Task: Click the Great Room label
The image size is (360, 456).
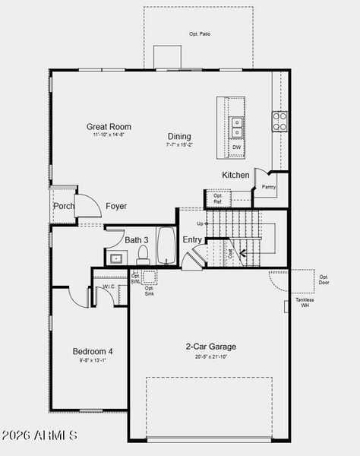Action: click(109, 127)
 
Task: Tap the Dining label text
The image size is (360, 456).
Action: click(180, 137)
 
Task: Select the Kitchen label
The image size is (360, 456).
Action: click(235, 176)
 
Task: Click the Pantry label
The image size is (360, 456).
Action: click(268, 187)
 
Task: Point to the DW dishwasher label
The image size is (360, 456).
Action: click(237, 147)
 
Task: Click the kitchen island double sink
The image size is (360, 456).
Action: click(237, 122)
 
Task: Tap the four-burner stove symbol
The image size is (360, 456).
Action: click(280, 121)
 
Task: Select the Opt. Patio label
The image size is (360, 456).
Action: click(199, 34)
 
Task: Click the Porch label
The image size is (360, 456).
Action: click(64, 206)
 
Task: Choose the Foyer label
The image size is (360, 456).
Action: click(116, 206)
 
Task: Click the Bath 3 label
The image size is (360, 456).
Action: click(137, 240)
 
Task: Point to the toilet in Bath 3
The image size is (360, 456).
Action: click(143, 258)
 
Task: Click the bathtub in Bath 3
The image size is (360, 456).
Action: click(166, 245)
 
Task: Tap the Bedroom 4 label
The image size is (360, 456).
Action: click(93, 351)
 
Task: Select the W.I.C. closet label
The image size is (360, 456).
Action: click(109, 287)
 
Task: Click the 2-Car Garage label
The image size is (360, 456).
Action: click(210, 347)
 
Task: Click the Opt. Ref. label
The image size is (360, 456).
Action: click(218, 199)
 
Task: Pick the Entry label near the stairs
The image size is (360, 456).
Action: click(193, 240)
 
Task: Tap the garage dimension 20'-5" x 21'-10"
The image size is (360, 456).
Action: click(210, 356)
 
